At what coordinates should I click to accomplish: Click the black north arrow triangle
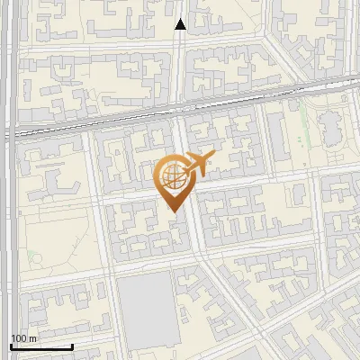coord(180,24)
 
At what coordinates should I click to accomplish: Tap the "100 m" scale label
coord(23,338)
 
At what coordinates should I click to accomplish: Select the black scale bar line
coord(41,346)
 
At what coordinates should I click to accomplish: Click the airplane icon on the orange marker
coord(198,165)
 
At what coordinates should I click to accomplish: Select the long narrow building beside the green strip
coord(293,135)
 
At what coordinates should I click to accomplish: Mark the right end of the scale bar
coord(72,346)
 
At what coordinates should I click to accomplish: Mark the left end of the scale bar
coord(11,346)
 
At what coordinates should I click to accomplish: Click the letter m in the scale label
coord(32,338)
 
